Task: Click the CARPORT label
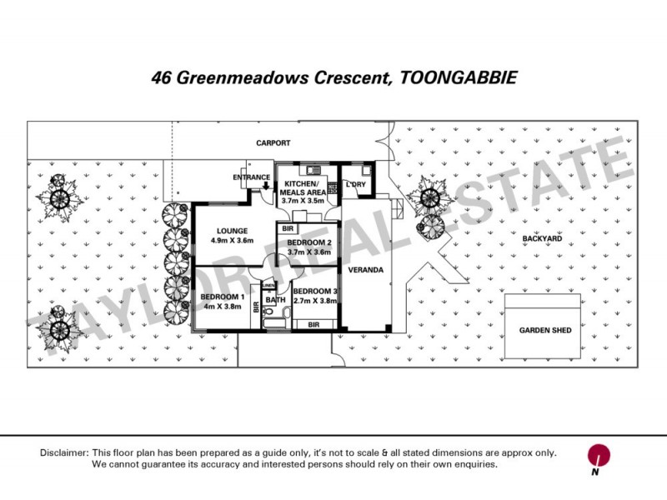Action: click(273, 143)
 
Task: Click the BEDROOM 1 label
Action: click(223, 297)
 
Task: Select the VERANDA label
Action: click(366, 270)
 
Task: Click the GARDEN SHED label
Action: click(545, 331)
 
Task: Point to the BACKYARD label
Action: click(543, 238)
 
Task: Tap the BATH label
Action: click(275, 299)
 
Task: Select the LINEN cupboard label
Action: click(269, 287)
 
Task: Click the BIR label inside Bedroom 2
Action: click(288, 228)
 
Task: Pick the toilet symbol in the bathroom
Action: click(284, 315)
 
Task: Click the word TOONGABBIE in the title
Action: click(459, 78)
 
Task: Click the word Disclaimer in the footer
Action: click(63, 452)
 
